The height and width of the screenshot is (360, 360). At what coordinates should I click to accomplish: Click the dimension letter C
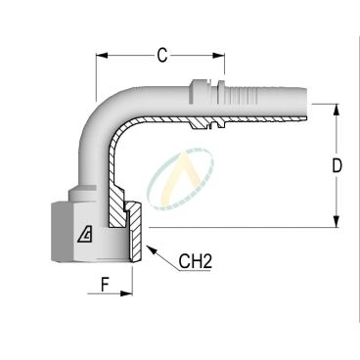(162, 56)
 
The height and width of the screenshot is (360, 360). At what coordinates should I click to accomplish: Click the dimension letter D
(337, 165)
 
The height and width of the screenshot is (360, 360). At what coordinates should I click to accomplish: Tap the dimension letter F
(105, 285)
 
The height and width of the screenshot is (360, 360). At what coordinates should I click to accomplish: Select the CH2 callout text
(196, 261)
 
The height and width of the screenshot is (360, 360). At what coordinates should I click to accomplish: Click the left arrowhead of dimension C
(102, 56)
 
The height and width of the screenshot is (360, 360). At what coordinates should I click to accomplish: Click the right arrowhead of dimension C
(218, 56)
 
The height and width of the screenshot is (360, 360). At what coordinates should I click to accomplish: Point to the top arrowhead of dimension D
(337, 110)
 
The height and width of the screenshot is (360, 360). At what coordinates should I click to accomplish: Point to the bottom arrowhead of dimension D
(337, 221)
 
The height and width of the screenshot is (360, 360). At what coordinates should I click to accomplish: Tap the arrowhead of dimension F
(126, 293)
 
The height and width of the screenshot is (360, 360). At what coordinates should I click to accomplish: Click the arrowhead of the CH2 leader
(151, 249)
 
